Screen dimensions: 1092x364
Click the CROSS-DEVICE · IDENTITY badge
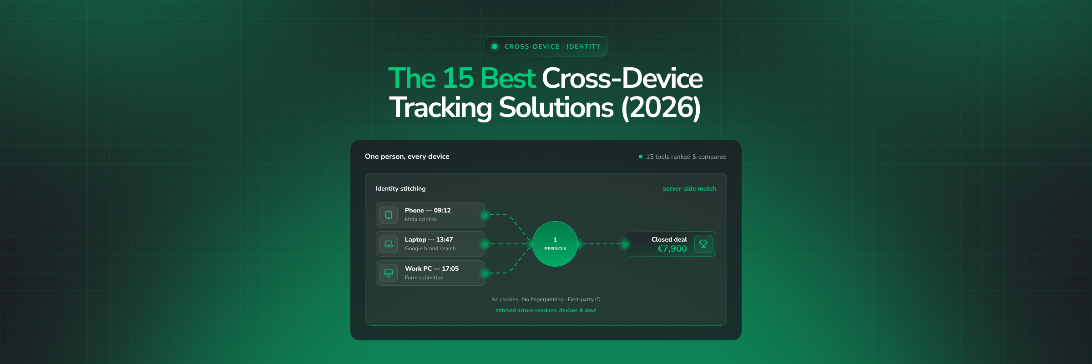click(x=546, y=46)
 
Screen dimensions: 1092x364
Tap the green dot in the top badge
click(x=495, y=46)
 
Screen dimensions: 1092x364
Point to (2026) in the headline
click(x=661, y=107)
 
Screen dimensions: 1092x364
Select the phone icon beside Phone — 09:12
click(x=389, y=215)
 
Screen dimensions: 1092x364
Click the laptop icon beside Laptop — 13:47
click(x=389, y=244)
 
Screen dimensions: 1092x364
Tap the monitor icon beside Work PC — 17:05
click(x=389, y=273)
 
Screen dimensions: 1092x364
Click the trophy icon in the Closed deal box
click(x=703, y=244)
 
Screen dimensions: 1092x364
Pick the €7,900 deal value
click(x=672, y=248)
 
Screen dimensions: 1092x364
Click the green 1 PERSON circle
click(x=555, y=244)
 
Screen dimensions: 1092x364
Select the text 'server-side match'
click(x=689, y=188)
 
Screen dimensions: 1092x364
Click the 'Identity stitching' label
click(x=401, y=188)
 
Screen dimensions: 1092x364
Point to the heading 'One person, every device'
click(x=407, y=157)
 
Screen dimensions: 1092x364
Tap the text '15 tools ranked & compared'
click(x=686, y=157)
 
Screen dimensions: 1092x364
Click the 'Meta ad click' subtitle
click(x=421, y=219)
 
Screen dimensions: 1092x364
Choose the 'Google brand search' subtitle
click(x=430, y=248)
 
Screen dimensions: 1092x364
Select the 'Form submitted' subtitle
click(x=424, y=278)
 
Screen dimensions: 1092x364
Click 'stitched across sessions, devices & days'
click(x=546, y=310)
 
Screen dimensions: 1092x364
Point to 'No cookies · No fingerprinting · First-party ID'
click(x=546, y=299)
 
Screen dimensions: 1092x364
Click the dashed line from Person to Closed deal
click(x=602, y=244)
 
